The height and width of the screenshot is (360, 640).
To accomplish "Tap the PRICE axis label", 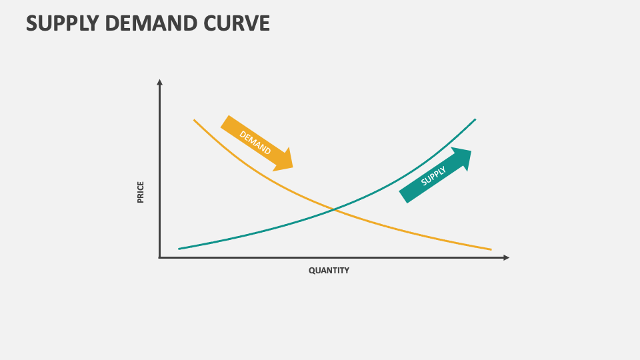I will click(141, 192).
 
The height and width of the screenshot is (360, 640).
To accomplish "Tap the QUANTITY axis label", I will click(329, 271).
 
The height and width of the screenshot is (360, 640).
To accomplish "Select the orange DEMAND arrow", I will click(257, 143).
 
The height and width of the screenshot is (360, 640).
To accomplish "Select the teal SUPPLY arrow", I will click(435, 175).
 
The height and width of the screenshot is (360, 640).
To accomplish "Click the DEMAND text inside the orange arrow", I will click(255, 142).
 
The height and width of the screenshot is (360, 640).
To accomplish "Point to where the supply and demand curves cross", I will click(334, 210).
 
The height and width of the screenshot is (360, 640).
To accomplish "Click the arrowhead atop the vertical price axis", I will click(159, 83).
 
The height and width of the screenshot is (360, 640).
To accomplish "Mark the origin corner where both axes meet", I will click(160, 257).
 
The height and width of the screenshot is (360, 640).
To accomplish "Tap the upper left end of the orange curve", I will click(195, 120).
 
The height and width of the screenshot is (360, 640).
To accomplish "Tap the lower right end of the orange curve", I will click(491, 249).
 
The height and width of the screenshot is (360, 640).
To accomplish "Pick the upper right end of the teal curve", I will click(475, 119).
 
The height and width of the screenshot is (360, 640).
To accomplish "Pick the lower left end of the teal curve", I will click(179, 249).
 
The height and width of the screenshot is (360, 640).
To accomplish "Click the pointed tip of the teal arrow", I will click(471, 150).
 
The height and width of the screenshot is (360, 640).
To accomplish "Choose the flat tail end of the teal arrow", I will click(404, 197).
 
